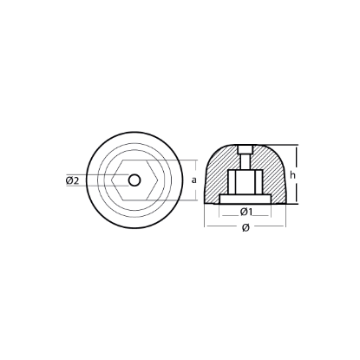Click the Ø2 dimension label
(x=73, y=180)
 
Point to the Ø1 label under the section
(x=245, y=212)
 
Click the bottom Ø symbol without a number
(x=246, y=227)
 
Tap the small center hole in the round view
(x=134, y=180)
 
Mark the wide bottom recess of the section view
(x=246, y=200)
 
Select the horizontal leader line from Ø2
(x=95, y=180)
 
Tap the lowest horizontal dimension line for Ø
(x=246, y=220)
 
